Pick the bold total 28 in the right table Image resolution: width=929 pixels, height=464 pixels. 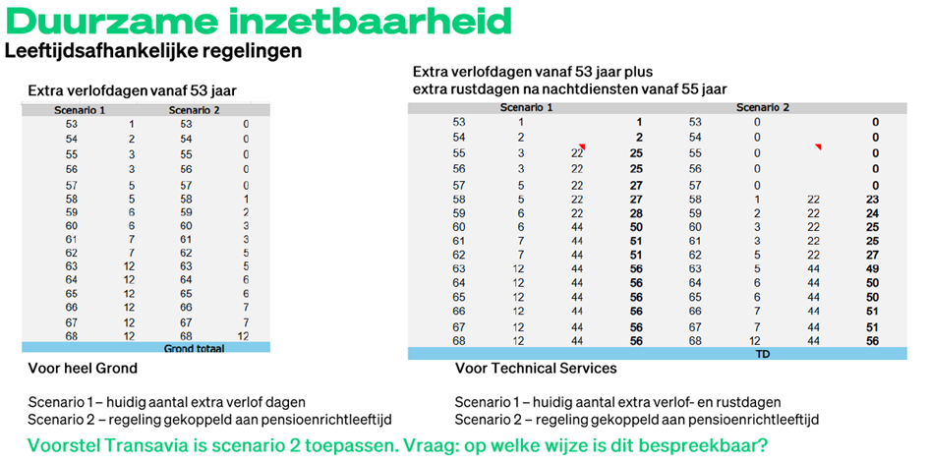coord(637,213)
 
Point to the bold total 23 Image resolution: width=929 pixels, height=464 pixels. coord(872,199)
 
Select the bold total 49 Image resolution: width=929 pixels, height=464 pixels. coord(872,268)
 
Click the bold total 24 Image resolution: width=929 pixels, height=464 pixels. coord(872,213)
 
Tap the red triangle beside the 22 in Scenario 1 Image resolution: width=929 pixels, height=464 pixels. coord(581,147)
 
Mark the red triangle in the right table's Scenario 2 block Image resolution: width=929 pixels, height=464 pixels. coord(818,147)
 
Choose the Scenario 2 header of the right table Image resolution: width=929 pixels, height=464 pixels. coord(763,108)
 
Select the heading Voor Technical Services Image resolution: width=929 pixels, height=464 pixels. coord(535,369)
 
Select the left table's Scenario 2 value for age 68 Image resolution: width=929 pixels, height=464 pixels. coord(245,336)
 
